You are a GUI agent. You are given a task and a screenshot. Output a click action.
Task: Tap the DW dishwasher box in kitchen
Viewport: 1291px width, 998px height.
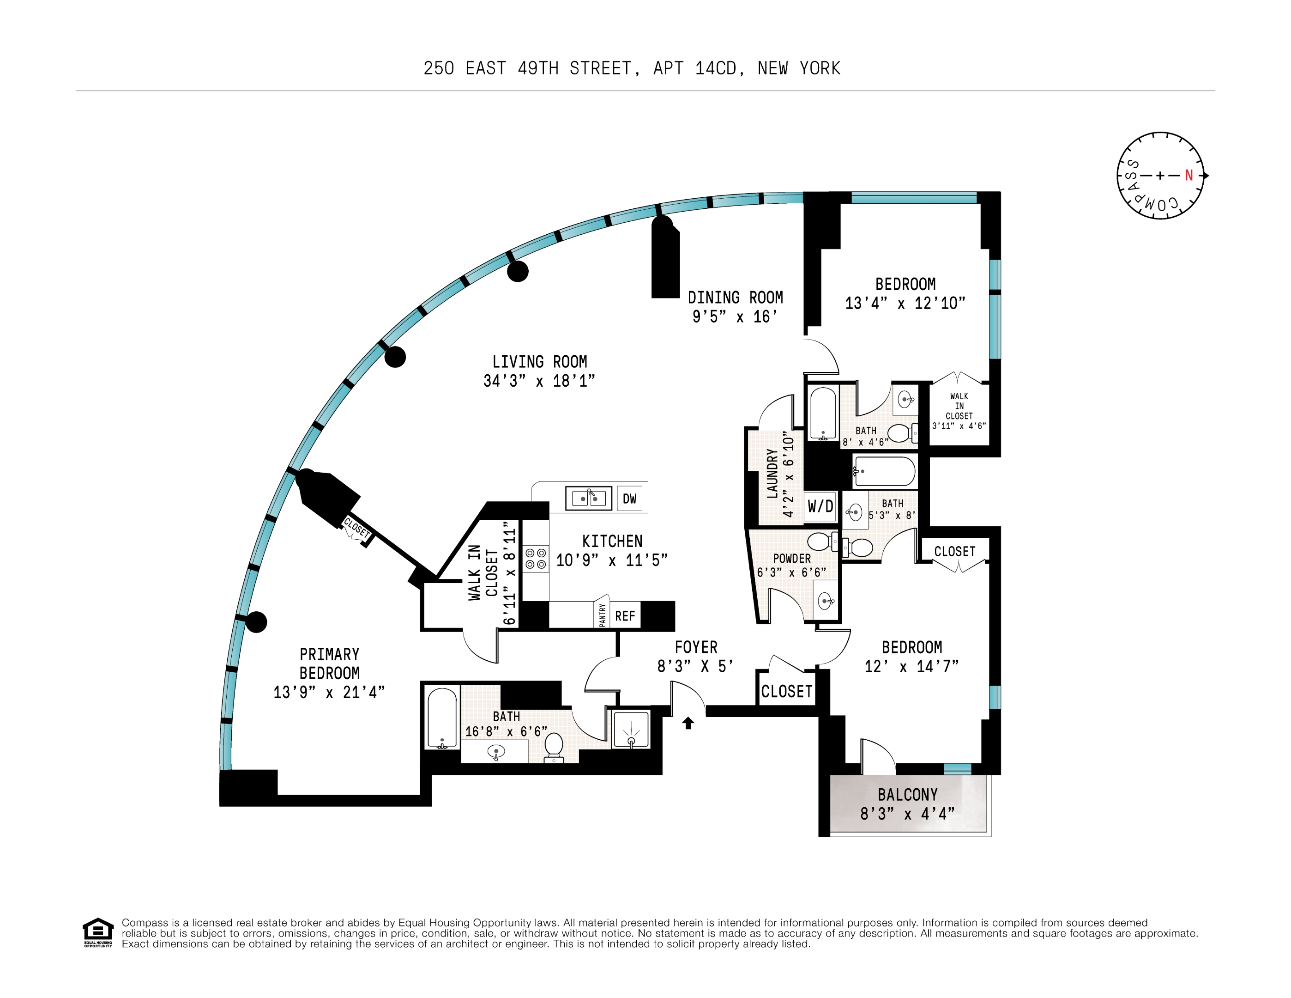pyautogui.click(x=629, y=498)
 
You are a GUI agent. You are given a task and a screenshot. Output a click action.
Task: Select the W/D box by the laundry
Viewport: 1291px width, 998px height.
pyautogui.click(x=820, y=506)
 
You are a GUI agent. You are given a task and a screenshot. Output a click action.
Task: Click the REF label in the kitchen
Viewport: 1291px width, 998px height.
pyautogui.click(x=625, y=616)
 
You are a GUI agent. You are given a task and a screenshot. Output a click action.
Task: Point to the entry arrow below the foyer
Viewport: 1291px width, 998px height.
pyautogui.click(x=688, y=723)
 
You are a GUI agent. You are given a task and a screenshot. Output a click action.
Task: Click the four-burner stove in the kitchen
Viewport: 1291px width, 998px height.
pyautogui.click(x=536, y=559)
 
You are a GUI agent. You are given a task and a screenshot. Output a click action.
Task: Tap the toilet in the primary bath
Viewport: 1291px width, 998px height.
pyautogui.click(x=554, y=746)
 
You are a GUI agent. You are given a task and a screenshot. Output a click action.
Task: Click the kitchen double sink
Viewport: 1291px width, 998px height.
pyautogui.click(x=588, y=498)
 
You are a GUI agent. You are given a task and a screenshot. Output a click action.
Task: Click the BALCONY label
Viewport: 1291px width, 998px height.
pyautogui.click(x=907, y=795)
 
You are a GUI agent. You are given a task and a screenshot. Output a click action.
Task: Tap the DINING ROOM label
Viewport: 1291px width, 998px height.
pyautogui.click(x=735, y=298)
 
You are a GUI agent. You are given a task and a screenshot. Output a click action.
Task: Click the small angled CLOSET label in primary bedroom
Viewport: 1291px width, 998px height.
pyautogui.click(x=356, y=527)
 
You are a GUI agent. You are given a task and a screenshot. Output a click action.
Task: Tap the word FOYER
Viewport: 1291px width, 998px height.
pyautogui.click(x=696, y=647)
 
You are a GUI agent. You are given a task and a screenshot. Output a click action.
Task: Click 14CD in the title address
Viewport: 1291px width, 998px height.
pyautogui.click(x=715, y=69)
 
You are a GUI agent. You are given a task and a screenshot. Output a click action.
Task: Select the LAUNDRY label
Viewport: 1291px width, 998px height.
pyautogui.click(x=772, y=473)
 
